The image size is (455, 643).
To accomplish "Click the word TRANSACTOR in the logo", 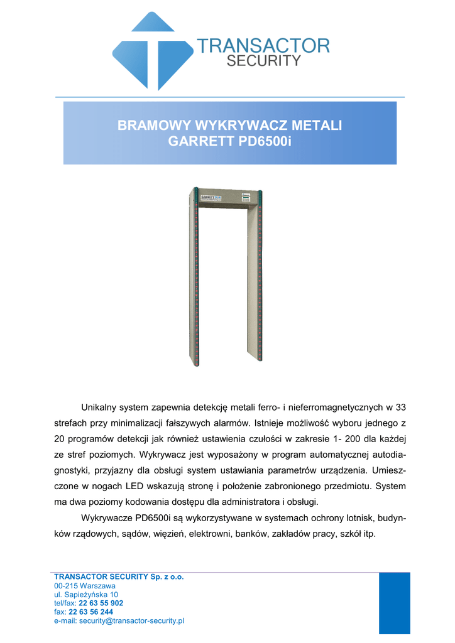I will [x=263, y=46].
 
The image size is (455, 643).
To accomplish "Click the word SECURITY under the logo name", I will [x=263, y=61].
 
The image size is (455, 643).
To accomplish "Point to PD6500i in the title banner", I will [x=263, y=141].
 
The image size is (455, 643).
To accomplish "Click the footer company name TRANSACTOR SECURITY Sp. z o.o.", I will [x=119, y=576].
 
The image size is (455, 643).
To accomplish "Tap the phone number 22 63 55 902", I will [x=101, y=603].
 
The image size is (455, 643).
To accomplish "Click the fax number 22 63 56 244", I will [x=90, y=612].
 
